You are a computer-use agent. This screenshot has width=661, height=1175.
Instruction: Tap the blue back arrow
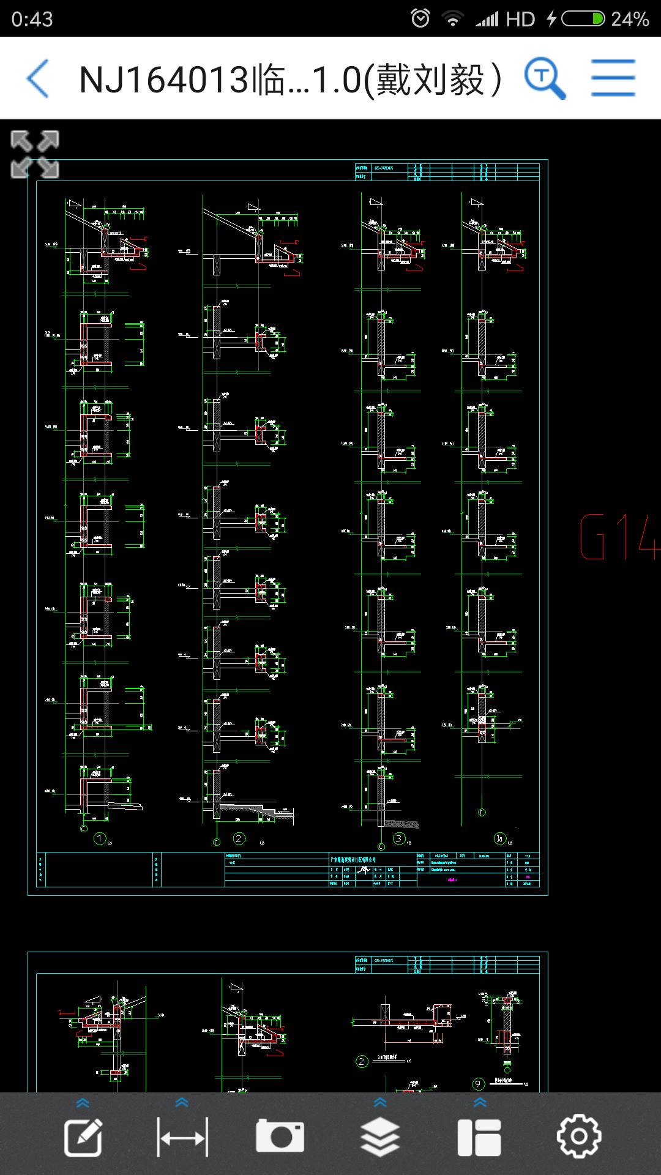38,79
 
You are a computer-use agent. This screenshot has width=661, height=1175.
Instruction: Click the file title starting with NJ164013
290,80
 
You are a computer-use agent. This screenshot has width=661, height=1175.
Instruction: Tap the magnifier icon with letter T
544,78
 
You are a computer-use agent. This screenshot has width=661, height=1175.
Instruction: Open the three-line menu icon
613,78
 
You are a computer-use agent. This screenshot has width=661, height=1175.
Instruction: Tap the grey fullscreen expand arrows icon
35,154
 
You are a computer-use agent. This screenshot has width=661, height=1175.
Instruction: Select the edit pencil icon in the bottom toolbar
83,1137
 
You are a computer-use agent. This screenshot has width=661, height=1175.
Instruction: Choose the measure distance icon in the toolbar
182,1137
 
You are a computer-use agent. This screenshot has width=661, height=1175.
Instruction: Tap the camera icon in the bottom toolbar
280,1136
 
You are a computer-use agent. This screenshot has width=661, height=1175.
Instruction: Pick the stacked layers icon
379,1137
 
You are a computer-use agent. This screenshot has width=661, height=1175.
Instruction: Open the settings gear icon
578,1136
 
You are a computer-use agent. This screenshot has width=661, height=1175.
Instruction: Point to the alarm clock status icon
420,18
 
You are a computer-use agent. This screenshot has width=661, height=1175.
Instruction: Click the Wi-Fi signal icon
452,19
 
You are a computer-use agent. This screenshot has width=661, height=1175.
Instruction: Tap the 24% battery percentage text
630,19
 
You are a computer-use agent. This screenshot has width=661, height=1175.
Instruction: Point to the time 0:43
32,20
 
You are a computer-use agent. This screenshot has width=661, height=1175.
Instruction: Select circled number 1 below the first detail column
100,838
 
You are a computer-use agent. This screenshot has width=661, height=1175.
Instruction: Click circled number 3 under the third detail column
399,838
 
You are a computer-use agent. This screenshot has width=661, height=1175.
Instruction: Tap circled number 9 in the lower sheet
478,1084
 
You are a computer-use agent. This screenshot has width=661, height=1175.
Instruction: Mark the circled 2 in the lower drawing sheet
362,1061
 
